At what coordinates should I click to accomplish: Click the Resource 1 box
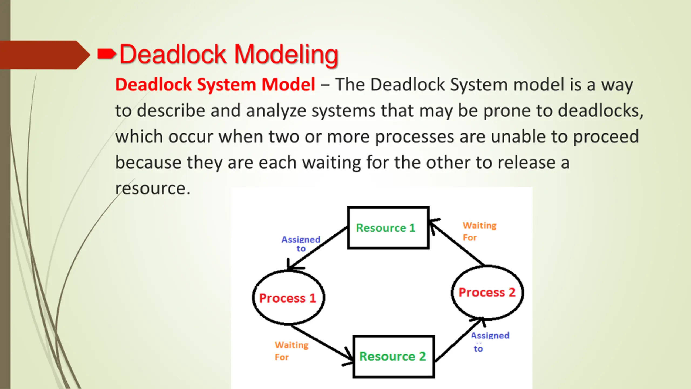[x=388, y=227]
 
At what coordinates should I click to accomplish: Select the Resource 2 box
[x=394, y=356]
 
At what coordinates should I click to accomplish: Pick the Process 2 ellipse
[x=487, y=292]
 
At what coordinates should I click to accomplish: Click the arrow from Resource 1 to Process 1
[x=319, y=247]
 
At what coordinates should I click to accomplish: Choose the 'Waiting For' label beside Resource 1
[x=479, y=231]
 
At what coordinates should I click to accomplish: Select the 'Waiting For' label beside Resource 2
[x=291, y=351]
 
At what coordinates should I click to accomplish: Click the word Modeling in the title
[x=286, y=55]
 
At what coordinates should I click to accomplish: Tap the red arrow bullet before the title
[x=106, y=54]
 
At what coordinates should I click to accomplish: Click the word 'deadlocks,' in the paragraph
[x=601, y=111]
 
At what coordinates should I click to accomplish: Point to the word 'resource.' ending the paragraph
[x=153, y=188]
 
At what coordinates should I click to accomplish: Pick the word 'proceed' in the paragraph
[x=606, y=137]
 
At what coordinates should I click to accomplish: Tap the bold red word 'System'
[x=226, y=85]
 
